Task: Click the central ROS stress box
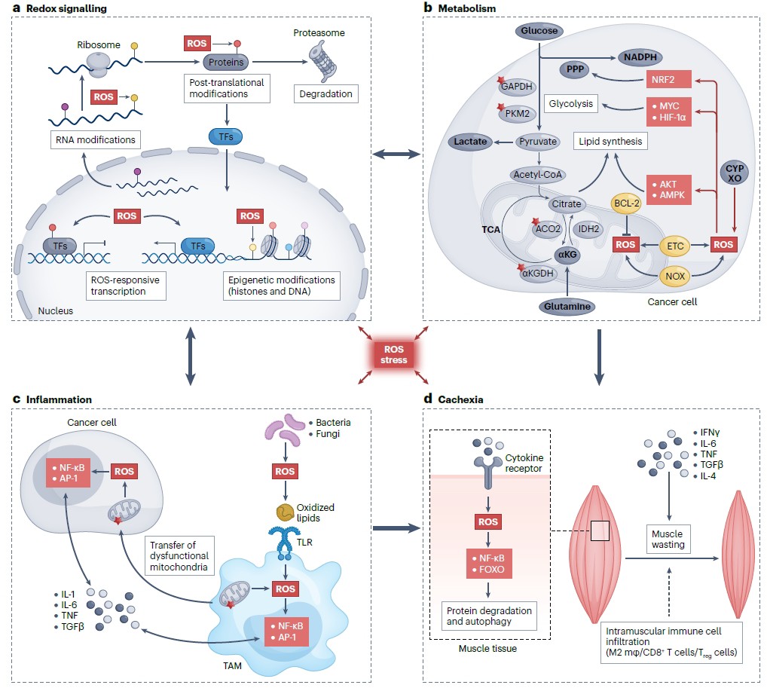pos(394,354)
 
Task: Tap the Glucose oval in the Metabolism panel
pos(539,31)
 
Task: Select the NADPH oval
pos(640,57)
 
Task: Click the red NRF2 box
pos(669,79)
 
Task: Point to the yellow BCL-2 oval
pos(627,203)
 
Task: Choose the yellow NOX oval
pos(675,276)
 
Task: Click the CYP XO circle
pos(735,173)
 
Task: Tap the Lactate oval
pos(470,142)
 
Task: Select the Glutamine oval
pos(567,307)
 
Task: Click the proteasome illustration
pos(322,61)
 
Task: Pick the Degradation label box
pos(325,94)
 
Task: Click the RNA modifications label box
pos(96,140)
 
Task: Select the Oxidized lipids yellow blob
pos(286,512)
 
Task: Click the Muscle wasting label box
pos(668,540)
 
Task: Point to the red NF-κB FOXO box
pos(489,564)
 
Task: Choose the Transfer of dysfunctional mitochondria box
pos(179,556)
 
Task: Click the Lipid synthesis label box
pos(610,142)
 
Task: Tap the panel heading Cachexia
pos(460,399)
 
